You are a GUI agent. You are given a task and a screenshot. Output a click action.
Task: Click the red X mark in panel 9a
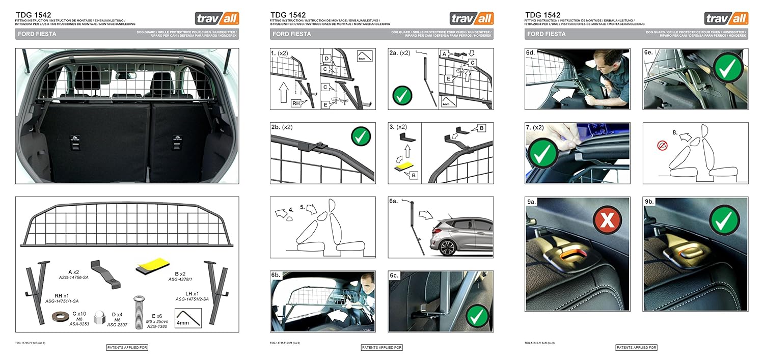coord(608,221)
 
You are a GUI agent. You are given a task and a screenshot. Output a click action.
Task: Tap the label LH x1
coord(192,294)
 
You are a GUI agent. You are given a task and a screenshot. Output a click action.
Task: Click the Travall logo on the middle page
coord(472,19)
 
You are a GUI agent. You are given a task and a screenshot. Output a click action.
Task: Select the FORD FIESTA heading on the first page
coord(37,34)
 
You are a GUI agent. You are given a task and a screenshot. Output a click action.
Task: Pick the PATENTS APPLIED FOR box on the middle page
coord(381,348)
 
